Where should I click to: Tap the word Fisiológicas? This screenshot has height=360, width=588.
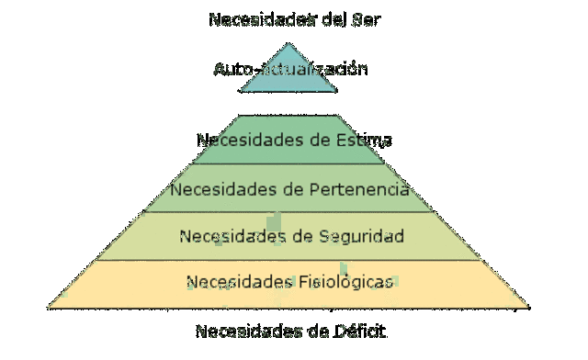pos(348,281)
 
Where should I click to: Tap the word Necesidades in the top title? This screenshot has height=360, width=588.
pos(260,18)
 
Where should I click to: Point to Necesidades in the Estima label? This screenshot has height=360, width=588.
pos(247,141)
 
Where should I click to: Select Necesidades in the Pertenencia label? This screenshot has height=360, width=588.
pos(221,191)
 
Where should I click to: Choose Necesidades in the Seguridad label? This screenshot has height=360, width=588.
pos(231,236)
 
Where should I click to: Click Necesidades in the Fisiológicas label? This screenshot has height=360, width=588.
pos(238,281)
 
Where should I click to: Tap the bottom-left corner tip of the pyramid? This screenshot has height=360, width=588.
pos(49,306)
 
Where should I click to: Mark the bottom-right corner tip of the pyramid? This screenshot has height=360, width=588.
pos(529,306)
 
